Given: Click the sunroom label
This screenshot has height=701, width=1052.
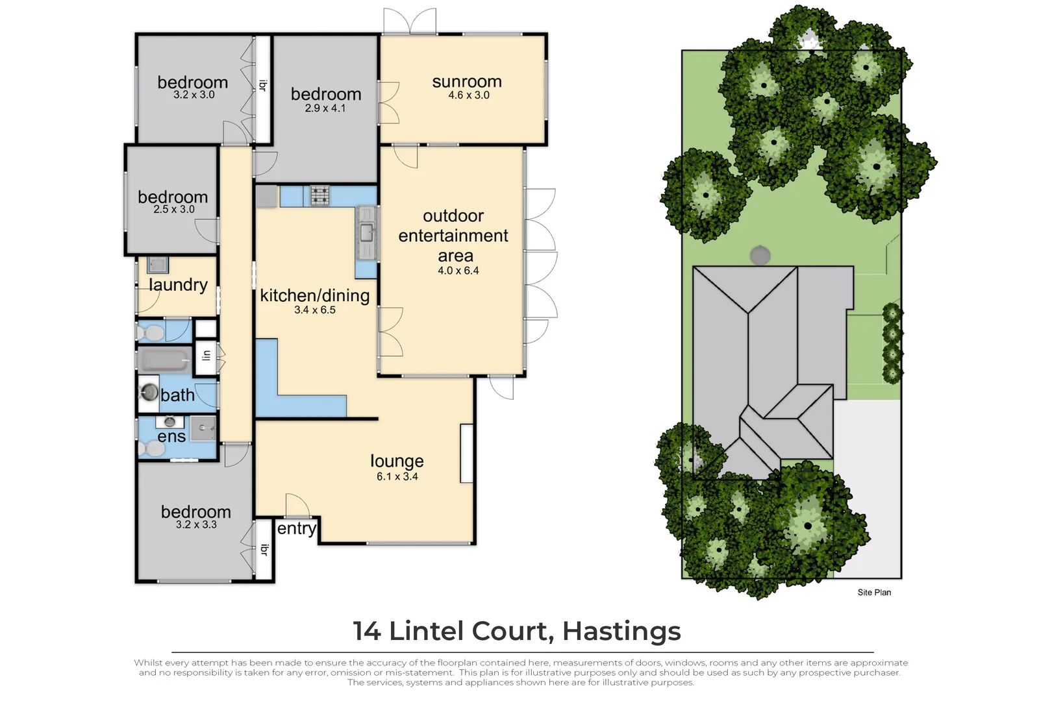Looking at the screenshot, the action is (467, 82).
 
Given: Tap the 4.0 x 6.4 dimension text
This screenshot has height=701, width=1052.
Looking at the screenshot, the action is (458, 271).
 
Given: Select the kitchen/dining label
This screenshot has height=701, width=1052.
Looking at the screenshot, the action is (315, 296).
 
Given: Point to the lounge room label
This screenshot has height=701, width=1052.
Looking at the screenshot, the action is (397, 461).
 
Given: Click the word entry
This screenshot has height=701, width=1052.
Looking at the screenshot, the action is (297, 529).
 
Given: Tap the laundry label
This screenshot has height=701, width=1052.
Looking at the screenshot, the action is (178, 284).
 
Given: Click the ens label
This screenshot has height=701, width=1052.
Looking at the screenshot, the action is (171, 437).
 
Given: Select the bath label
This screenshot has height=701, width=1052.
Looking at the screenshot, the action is (177, 395).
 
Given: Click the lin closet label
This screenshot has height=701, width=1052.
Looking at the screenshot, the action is (207, 356).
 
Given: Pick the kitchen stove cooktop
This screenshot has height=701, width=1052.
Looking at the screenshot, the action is (320, 195).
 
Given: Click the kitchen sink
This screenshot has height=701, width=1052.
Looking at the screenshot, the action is (366, 232).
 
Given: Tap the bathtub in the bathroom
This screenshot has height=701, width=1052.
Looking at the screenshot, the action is (164, 360).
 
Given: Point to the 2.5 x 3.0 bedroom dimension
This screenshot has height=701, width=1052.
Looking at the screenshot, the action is (174, 210).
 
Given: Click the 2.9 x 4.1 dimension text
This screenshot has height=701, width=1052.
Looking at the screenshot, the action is (325, 108).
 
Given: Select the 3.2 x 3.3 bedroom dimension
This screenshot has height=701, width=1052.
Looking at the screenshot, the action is (196, 524).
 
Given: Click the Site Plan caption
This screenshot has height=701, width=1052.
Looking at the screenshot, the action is (874, 593).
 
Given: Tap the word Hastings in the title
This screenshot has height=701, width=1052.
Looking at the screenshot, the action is (621, 632).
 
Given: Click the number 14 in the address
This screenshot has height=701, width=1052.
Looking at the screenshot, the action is (367, 630).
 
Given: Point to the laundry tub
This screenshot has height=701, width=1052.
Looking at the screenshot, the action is (158, 265).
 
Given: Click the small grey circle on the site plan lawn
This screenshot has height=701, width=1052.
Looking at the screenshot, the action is (760, 256).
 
